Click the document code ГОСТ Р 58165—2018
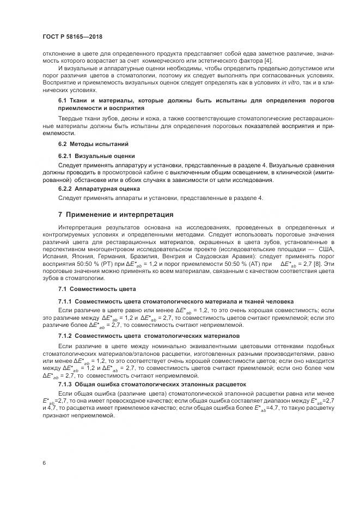pos(72,37)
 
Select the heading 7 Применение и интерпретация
pos(116,214)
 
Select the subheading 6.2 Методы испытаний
pos(93,144)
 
